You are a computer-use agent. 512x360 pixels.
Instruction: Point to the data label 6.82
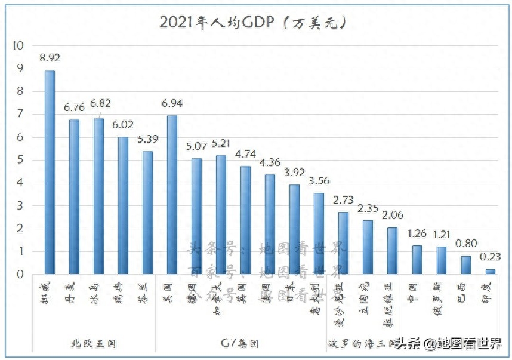[100, 103]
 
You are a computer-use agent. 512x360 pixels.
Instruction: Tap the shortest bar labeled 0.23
[490, 272]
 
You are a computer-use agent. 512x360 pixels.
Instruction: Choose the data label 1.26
[417, 233]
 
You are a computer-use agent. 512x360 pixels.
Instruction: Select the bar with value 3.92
[294, 229]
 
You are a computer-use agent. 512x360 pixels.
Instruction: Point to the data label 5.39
[148, 139]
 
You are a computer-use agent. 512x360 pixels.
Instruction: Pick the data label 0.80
[465, 244]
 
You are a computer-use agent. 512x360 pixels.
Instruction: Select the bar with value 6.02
[123, 205]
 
